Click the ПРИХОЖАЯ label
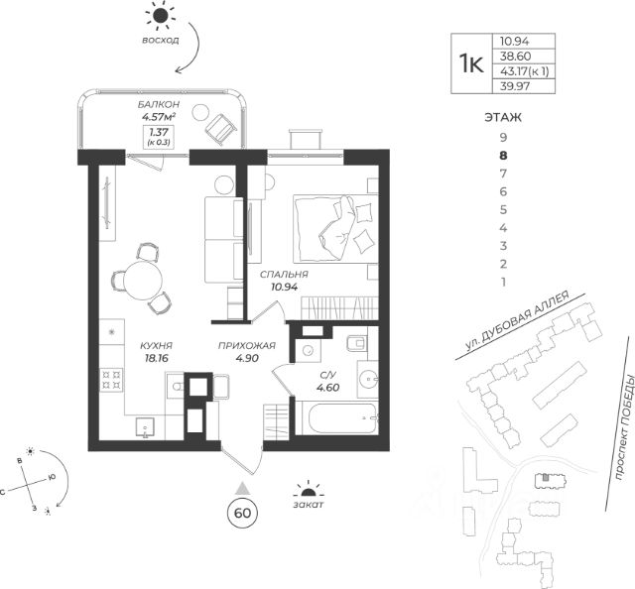(x=247, y=346)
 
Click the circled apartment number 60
(x=240, y=513)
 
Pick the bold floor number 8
(x=504, y=155)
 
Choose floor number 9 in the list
(x=504, y=137)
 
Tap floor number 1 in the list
(x=504, y=283)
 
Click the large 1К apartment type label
(x=470, y=63)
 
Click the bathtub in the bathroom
(x=342, y=417)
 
